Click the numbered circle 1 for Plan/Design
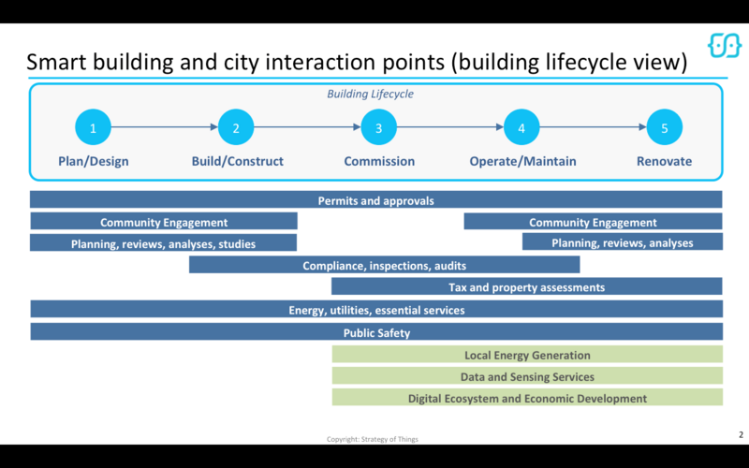pos(94,128)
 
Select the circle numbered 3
pos(379,128)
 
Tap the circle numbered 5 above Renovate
pos(665,128)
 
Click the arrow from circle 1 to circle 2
pos(165,128)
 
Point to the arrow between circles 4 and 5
pos(593,128)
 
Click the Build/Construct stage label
pos(237,161)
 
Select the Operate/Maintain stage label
pos(522,161)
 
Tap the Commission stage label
pos(379,161)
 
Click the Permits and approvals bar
pos(375,200)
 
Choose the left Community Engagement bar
pos(164,222)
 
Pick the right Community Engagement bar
pos(593,222)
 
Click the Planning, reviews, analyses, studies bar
pos(164,243)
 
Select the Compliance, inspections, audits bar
pos(384,265)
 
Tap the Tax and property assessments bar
pos(526,286)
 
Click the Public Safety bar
pos(375,331)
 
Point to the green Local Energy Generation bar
pos(527,354)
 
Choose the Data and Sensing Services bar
pos(527,375)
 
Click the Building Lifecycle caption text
pos(370,95)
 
